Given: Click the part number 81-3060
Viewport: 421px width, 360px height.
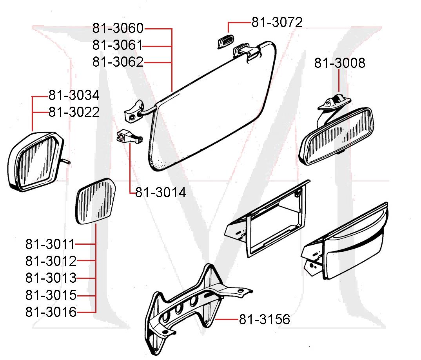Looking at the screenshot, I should [x=118, y=28].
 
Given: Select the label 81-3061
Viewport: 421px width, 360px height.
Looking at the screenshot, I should [x=118, y=45].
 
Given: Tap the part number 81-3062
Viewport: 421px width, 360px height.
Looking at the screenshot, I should [x=118, y=62].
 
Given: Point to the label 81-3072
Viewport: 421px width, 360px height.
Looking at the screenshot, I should [x=277, y=22].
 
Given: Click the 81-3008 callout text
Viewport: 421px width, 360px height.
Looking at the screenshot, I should [x=339, y=63].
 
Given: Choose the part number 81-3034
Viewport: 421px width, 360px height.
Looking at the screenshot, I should [x=74, y=95].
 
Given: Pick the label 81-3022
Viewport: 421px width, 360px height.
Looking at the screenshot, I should [x=74, y=113].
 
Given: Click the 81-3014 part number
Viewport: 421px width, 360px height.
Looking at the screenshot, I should [x=161, y=193].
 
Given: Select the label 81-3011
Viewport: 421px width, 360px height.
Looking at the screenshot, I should [x=50, y=244].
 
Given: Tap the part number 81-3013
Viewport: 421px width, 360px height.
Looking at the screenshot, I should [x=51, y=278].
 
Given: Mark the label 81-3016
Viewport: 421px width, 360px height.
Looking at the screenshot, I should [x=51, y=312].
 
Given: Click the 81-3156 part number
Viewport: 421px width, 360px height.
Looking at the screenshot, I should [x=265, y=320].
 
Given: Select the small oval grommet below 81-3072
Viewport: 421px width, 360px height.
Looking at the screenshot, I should [x=225, y=41].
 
